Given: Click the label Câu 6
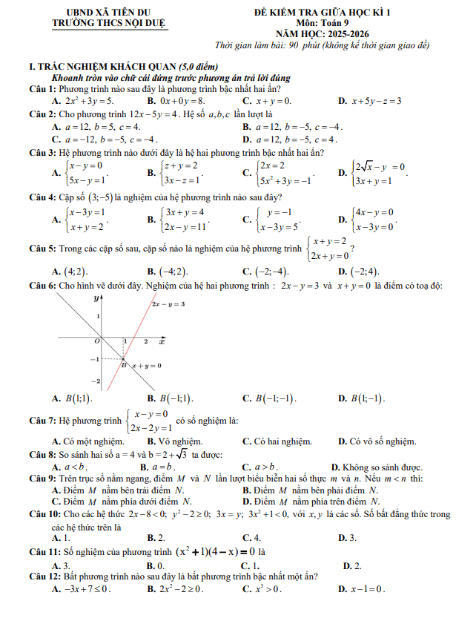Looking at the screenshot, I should pyautogui.click(x=39, y=286).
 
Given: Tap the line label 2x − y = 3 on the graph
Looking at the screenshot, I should pyautogui.click(x=168, y=304).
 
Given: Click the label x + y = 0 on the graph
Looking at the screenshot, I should pyautogui.click(x=147, y=366).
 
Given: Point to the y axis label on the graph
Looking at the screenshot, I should pyautogui.click(x=96, y=299).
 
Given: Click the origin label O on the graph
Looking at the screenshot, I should pyautogui.click(x=96, y=341).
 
